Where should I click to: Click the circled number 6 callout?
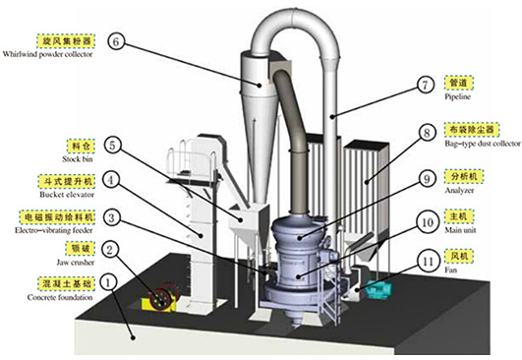(x=116, y=41)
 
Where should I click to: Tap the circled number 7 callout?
(x=425, y=85)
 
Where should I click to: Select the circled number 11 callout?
(x=429, y=261)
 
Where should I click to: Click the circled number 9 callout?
(x=427, y=179)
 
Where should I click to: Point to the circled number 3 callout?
(x=111, y=217)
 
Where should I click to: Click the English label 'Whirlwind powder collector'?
(x=47, y=54)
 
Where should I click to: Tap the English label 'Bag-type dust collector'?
(x=483, y=144)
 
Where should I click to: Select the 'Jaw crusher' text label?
(x=76, y=263)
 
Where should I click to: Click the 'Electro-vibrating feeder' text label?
(x=54, y=230)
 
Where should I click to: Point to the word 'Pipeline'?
(x=458, y=97)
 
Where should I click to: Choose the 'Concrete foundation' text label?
(x=60, y=297)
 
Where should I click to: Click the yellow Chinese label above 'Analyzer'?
(x=464, y=176)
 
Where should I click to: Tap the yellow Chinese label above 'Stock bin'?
(x=81, y=146)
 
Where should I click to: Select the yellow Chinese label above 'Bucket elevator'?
(x=67, y=182)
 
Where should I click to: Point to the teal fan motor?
(x=379, y=289)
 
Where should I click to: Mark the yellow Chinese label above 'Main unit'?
(x=459, y=216)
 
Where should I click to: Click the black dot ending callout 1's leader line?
(x=134, y=337)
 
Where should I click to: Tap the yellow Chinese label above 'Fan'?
(x=459, y=256)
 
